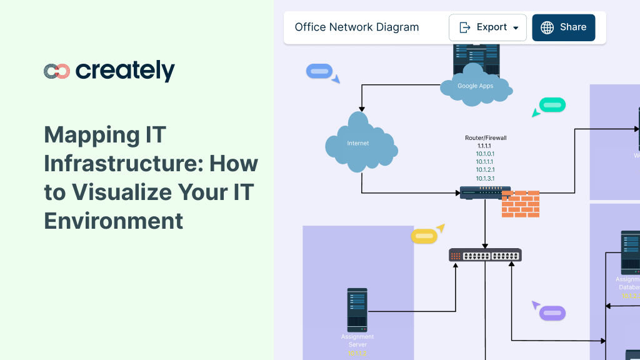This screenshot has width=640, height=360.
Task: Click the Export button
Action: coord(487,27)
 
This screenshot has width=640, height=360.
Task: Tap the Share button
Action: coord(563,27)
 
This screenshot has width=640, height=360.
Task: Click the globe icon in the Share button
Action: coord(547,27)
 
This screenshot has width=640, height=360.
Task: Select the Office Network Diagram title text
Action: coord(357,27)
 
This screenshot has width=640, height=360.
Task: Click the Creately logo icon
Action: coord(56,71)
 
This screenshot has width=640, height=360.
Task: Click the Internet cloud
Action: coord(359,143)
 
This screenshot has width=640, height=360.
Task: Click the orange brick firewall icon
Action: coord(520,204)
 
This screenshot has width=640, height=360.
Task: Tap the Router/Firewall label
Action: coord(486,137)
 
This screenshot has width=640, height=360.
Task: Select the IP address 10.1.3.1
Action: coord(486,178)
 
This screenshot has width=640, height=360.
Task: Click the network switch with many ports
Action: coord(485,255)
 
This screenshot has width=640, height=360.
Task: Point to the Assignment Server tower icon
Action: coord(357,310)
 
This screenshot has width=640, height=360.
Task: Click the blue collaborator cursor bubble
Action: coord(319,71)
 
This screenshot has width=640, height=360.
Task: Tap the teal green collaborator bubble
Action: coord(552,105)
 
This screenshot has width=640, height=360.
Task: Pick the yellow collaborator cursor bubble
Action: coord(423,236)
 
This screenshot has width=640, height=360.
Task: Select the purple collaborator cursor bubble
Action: coord(552,312)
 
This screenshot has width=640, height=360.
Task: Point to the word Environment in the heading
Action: coord(113,221)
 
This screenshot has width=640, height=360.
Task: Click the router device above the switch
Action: coord(484,192)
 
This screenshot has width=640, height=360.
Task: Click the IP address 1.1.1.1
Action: coord(486,146)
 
